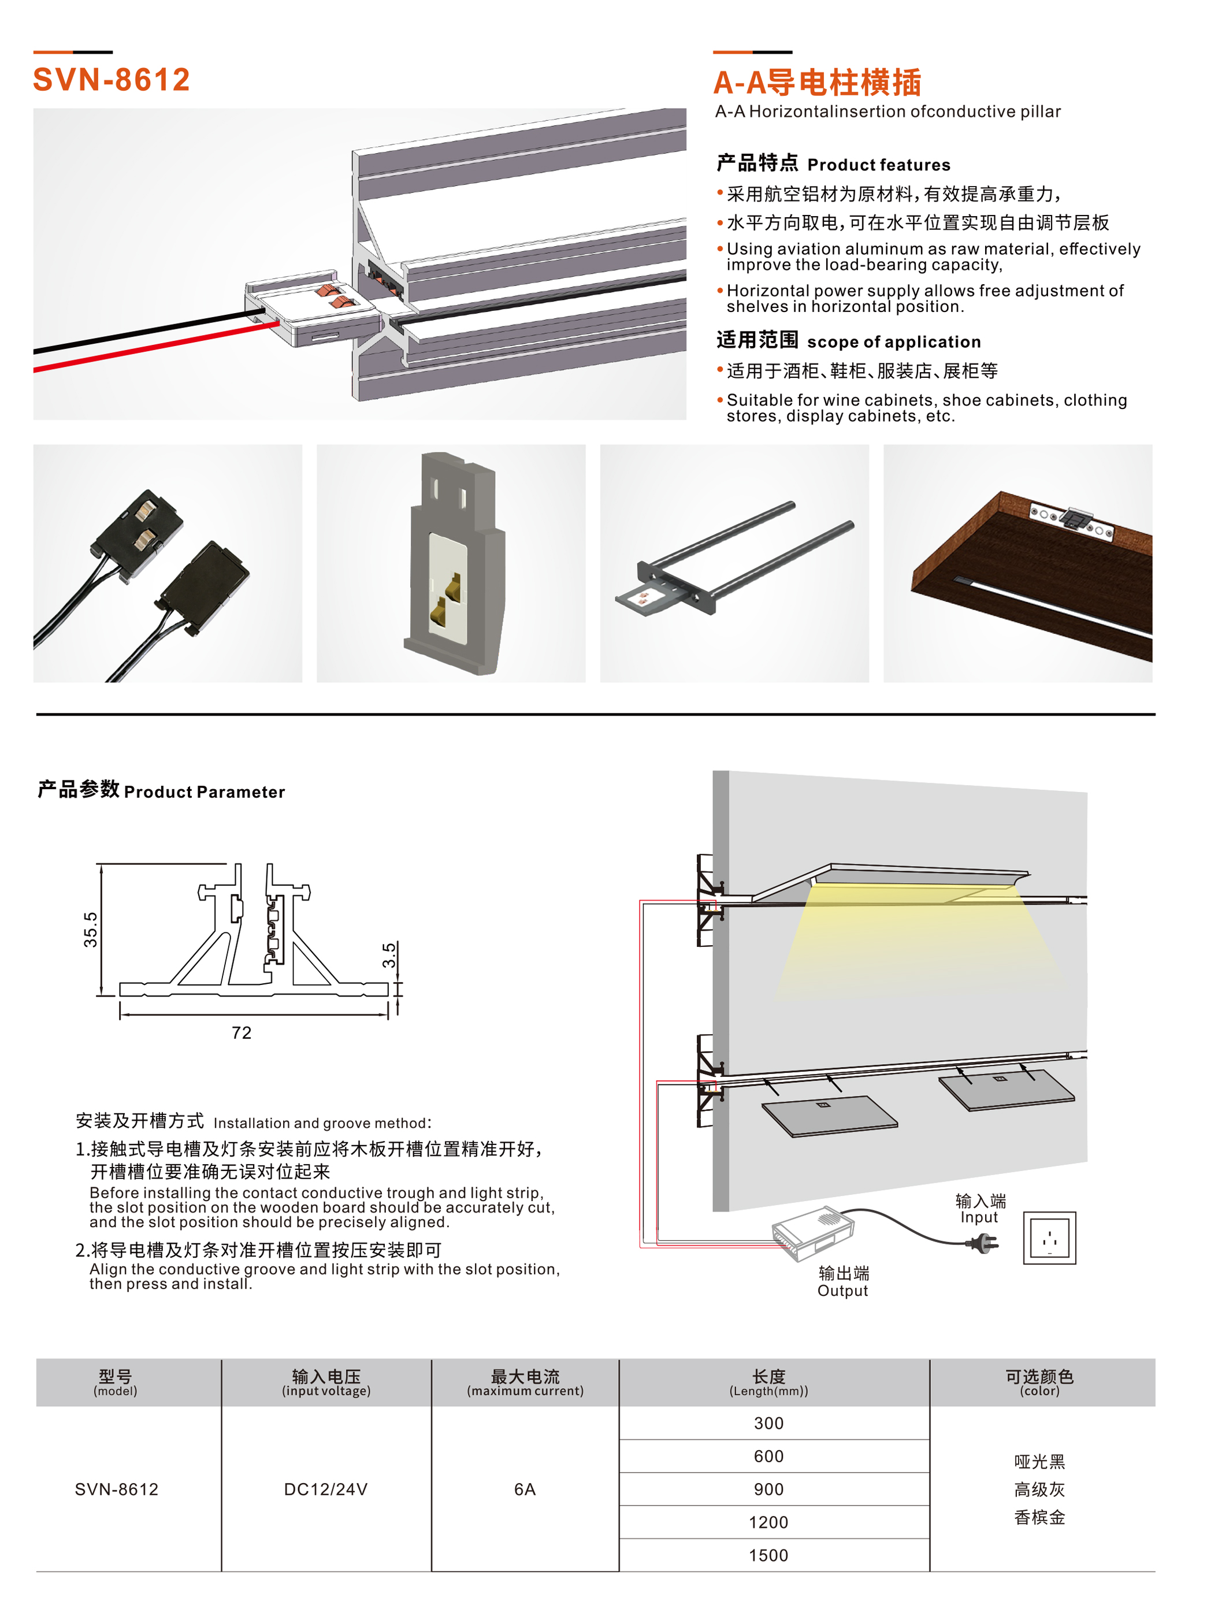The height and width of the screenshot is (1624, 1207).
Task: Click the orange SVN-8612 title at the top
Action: click(111, 80)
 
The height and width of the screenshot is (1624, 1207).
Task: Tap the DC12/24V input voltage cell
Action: click(325, 1489)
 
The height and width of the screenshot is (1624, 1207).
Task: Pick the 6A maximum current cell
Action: click(525, 1489)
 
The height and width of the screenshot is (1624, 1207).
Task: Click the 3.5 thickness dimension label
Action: click(389, 955)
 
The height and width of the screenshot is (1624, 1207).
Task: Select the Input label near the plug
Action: click(979, 1217)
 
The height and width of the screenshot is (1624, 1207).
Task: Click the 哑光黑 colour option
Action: click(1039, 1461)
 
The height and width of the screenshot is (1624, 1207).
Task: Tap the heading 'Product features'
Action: click(878, 165)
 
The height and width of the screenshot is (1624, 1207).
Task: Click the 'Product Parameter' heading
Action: click(205, 792)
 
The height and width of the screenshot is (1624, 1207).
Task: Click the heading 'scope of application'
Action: click(894, 342)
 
